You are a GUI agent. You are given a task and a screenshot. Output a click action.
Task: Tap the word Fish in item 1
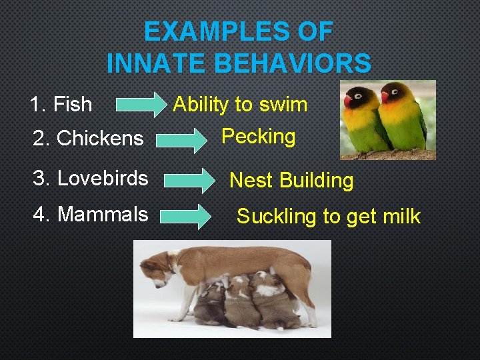(73, 104)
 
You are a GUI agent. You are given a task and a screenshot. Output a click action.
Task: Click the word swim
(284, 105)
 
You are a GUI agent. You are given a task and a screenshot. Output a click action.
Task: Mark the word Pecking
(259, 137)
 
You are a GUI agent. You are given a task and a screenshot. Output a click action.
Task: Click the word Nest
(251, 180)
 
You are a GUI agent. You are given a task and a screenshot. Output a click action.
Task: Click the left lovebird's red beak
(348, 101)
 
